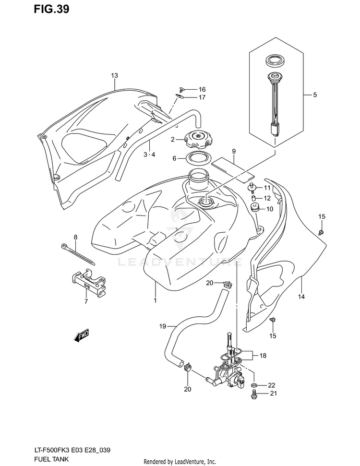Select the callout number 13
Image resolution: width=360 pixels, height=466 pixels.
(114, 75)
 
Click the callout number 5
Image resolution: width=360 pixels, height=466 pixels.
(315, 95)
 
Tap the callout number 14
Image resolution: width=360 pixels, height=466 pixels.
(301, 297)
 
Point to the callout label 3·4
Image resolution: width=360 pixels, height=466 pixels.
(149, 155)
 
